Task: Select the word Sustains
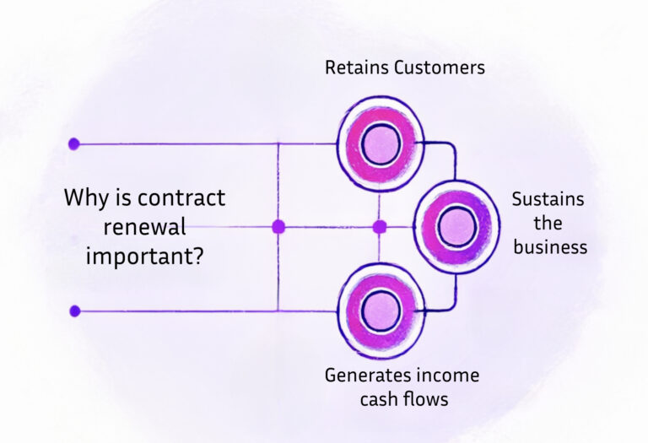548,200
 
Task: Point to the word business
549,247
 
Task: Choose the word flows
426,399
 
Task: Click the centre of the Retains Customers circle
381,144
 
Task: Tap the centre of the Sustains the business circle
457,226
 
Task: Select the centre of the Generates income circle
381,311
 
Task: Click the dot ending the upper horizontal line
74,143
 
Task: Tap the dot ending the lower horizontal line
74,311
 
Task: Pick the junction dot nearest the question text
278,226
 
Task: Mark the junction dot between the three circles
379,226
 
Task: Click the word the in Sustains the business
548,224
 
